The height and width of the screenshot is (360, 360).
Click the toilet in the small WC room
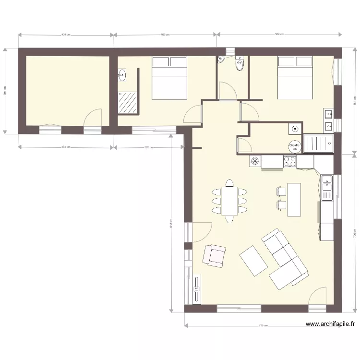(240, 63)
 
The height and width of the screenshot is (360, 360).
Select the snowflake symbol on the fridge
(255, 161)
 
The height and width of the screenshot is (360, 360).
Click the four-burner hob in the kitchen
(289, 161)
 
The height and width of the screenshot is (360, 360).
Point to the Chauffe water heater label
(294, 145)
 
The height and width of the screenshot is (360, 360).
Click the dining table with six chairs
(229, 201)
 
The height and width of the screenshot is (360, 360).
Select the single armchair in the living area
(214, 255)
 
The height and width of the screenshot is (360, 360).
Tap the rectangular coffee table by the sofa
(253, 261)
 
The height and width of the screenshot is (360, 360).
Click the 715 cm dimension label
(263, 325)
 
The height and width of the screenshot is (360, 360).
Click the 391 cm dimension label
(5, 91)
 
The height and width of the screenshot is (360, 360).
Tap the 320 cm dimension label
(149, 147)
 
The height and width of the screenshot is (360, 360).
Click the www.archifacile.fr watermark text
(330, 324)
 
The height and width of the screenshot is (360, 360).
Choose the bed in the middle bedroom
(169, 78)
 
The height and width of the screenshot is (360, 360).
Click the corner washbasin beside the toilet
(222, 60)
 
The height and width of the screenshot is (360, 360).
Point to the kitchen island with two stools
(294, 199)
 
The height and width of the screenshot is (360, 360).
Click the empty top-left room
(67, 90)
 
